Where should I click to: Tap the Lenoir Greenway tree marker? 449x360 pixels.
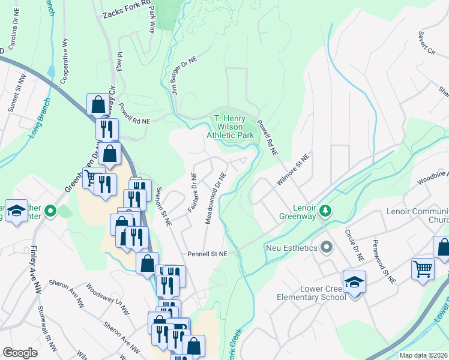tap(325, 210)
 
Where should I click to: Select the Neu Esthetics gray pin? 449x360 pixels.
tap(327, 247)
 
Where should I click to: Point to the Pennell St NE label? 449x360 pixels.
tap(206, 254)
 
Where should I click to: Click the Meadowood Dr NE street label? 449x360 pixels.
tap(215, 199)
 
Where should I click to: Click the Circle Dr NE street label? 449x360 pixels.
tap(354, 245)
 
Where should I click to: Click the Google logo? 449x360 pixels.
tap(20, 353)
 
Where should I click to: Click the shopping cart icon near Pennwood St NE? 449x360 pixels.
tap(423, 269)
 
